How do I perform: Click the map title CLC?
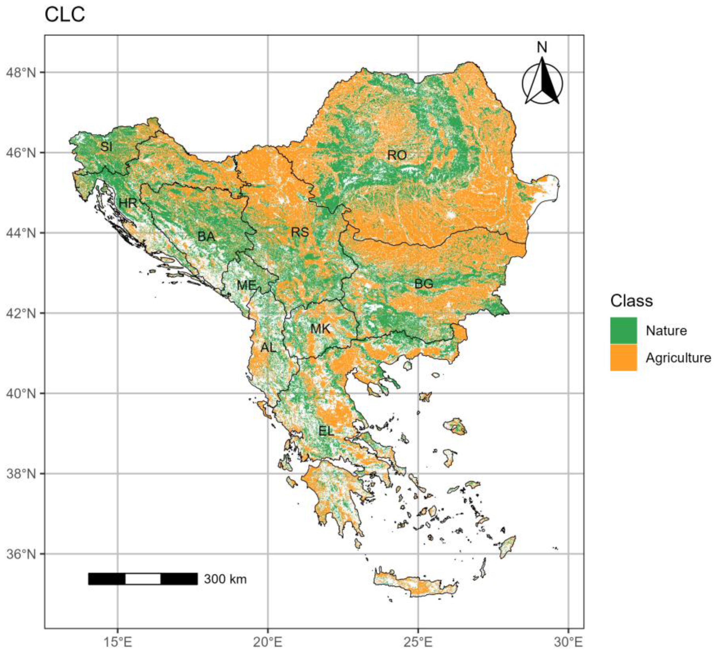(x=65, y=15)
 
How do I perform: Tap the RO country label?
(x=397, y=155)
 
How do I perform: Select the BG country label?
(x=424, y=283)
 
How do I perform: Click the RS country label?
(x=300, y=232)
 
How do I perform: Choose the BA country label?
(x=206, y=236)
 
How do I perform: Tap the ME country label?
(x=246, y=285)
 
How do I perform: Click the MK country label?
(x=320, y=329)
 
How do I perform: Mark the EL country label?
(x=326, y=431)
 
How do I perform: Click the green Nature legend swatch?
(x=623, y=330)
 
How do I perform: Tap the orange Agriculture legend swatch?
(x=623, y=358)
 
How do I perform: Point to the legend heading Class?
(x=631, y=301)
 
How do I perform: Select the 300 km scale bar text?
(x=225, y=579)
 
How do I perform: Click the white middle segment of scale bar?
(x=143, y=579)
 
